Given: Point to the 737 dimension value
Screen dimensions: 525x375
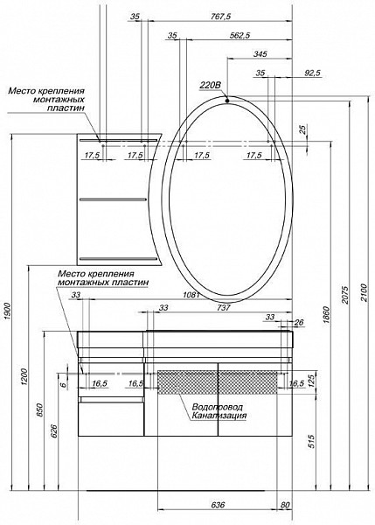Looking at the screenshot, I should (224, 307).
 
